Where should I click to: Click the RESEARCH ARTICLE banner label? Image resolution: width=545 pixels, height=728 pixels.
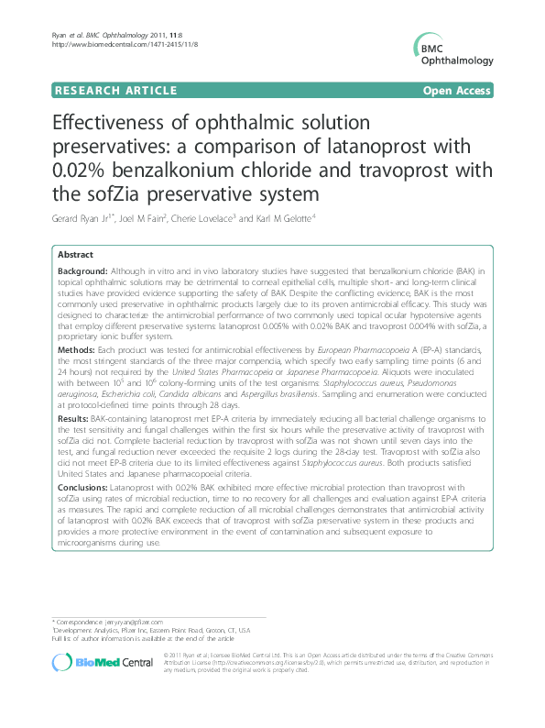pos(116,90)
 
